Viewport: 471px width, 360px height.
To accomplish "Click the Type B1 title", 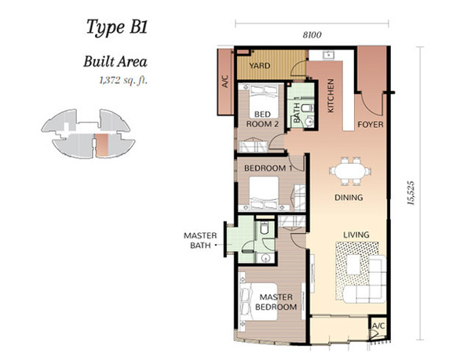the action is coord(117,27).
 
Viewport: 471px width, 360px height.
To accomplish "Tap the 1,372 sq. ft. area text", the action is coord(123,81).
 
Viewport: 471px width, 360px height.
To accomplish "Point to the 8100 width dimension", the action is coord(312,35).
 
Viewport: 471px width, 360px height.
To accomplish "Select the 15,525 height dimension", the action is coord(411,193).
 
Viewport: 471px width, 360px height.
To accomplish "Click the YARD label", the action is coord(260,65).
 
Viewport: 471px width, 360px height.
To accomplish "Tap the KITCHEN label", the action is coord(330,96).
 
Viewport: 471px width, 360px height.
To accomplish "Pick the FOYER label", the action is coord(371,124).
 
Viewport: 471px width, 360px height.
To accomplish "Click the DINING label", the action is coord(349,198).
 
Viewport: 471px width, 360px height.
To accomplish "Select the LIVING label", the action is coord(356,235).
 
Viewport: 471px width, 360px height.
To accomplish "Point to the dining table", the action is coord(350,171).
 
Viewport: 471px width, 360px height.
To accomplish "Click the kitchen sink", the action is coord(328,56).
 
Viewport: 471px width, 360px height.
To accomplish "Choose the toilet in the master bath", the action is coord(265,228).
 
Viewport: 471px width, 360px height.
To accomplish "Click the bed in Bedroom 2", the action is coord(264,101).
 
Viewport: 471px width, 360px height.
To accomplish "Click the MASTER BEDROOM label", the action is coord(276,302).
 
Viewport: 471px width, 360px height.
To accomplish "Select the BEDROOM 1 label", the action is coord(268,168).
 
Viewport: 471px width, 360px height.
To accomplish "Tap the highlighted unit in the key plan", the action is coord(102,145).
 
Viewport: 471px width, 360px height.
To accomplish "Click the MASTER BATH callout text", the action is coord(200,240).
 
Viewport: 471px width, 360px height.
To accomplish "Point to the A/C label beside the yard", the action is coord(225,82).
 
